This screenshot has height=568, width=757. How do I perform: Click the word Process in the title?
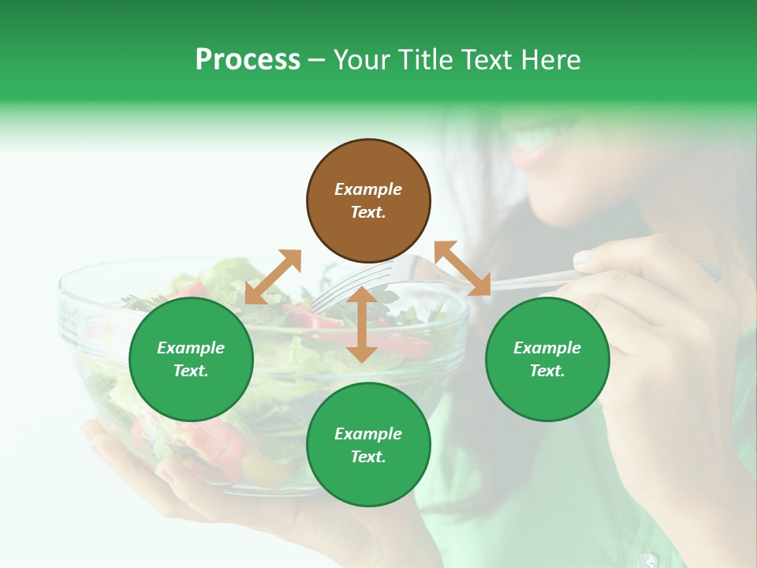pos(248,60)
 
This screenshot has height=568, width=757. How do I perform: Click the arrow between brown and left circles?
pos(273,277)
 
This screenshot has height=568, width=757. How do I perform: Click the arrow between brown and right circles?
pos(462,269)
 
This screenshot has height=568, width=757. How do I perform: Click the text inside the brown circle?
pos(368,200)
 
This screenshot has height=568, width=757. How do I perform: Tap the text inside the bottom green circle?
pos(368,445)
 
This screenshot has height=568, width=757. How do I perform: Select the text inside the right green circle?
pos(547,359)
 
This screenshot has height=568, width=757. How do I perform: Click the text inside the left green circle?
pos(191,359)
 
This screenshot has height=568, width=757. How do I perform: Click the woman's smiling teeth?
pos(537,140)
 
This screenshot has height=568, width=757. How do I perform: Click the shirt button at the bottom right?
pos(648,560)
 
